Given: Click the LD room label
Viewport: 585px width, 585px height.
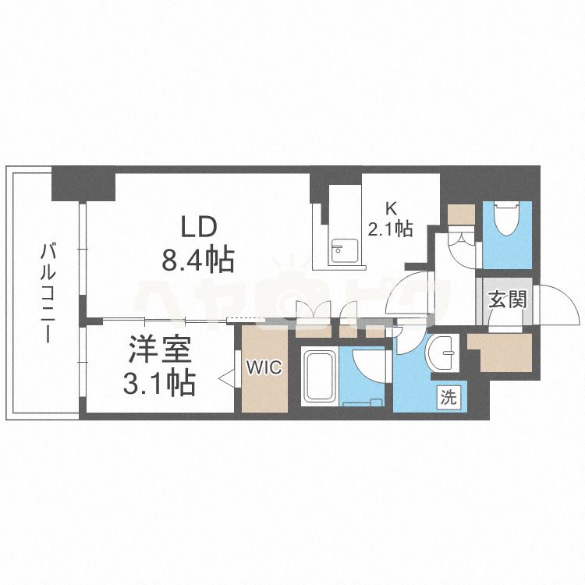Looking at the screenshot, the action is (x=198, y=228).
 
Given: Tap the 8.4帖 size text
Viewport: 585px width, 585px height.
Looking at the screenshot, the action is (x=198, y=259).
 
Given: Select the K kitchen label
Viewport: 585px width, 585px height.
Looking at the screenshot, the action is (x=391, y=209).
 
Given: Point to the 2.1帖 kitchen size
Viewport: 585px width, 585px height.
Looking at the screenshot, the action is (x=390, y=229).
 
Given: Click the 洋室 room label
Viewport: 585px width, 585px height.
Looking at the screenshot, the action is (x=160, y=349).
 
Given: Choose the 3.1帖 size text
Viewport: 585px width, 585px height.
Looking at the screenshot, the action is (x=159, y=382).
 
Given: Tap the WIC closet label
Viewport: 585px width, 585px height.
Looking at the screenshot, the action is (x=264, y=368).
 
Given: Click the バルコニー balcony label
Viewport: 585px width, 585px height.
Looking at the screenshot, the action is (x=48, y=292).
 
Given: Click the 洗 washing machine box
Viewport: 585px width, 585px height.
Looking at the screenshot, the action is (x=448, y=398).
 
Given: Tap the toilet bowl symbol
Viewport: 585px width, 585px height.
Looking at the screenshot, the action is (x=507, y=218).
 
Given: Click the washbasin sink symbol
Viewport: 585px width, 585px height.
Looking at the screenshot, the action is (x=443, y=353).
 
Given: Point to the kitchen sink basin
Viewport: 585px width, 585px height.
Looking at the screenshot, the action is (x=344, y=250).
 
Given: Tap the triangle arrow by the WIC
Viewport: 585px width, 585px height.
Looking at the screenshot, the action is (x=226, y=378).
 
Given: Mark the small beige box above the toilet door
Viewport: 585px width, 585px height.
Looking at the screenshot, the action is (x=461, y=214).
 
